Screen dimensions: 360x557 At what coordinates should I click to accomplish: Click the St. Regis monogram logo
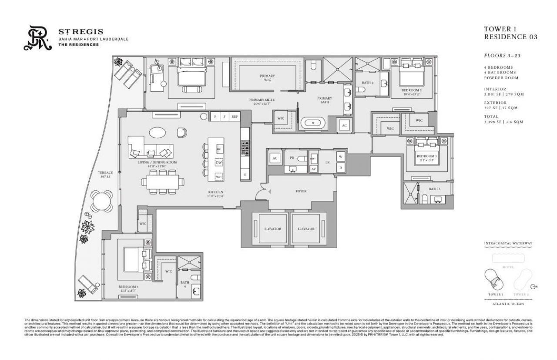[39, 39]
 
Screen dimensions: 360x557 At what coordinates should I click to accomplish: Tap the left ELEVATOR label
[272, 229]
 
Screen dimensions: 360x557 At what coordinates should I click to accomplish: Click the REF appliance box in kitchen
[235, 117]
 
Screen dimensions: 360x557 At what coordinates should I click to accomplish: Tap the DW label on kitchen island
[219, 162]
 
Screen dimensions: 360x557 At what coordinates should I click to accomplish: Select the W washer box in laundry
[340, 157]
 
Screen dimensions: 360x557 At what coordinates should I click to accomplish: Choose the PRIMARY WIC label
[268, 77]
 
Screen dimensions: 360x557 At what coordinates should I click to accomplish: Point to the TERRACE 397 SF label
[106, 175]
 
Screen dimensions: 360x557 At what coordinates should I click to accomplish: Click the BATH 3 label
[434, 189]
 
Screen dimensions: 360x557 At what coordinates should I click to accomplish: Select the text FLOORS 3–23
[502, 56]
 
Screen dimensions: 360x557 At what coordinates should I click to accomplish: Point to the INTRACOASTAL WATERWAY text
[508, 243]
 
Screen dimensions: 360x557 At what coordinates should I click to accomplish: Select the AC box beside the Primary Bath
[345, 125]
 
